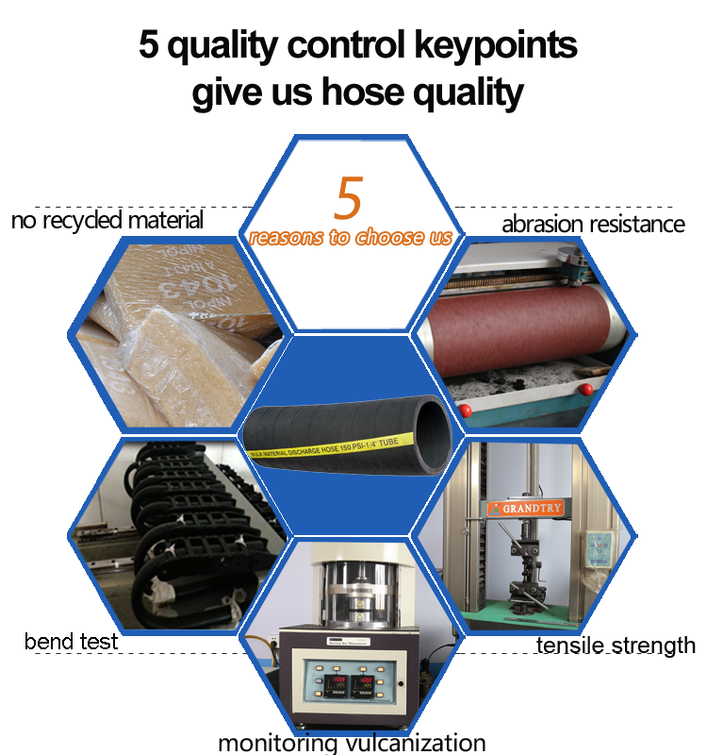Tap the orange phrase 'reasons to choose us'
pyautogui.click(x=351, y=237)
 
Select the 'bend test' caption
pyautogui.click(x=71, y=642)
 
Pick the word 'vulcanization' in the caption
pyautogui.click(x=420, y=743)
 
